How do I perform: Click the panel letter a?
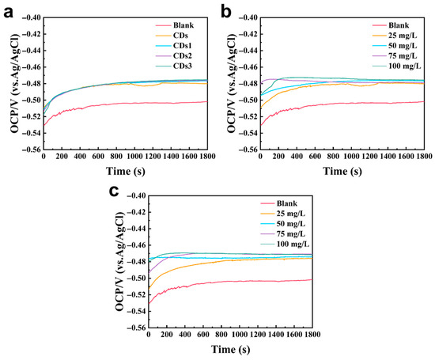8,13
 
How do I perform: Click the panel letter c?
114,191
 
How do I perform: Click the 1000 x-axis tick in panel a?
134,157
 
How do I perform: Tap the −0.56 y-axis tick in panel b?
248,150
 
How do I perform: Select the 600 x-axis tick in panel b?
315,157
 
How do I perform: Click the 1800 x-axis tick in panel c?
312,334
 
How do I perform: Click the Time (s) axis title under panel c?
230,349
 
